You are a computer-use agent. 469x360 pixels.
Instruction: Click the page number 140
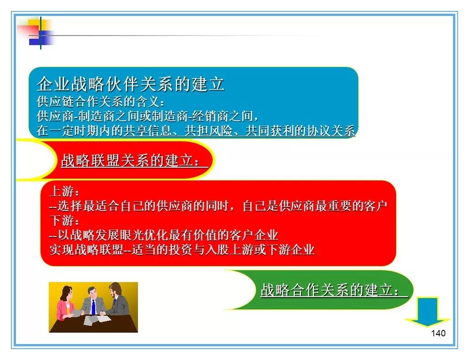click(x=438, y=333)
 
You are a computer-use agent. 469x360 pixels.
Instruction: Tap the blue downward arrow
click(x=428, y=312)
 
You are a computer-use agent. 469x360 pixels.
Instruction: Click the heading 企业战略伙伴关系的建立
click(x=130, y=84)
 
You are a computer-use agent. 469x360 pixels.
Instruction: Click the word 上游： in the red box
click(x=65, y=191)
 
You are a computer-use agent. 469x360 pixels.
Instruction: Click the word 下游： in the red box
click(x=65, y=221)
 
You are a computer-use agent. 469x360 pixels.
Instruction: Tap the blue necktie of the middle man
click(x=93, y=307)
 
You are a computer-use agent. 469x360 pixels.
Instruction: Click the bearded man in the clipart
click(x=117, y=299)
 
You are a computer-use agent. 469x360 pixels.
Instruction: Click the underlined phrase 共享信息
click(x=148, y=131)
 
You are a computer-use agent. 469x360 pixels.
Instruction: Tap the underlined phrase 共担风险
click(x=209, y=131)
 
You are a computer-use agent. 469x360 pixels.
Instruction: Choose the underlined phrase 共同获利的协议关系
click(x=301, y=131)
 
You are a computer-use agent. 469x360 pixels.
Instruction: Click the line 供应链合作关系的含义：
click(x=101, y=102)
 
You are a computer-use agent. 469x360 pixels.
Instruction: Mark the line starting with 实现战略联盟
click(x=182, y=250)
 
